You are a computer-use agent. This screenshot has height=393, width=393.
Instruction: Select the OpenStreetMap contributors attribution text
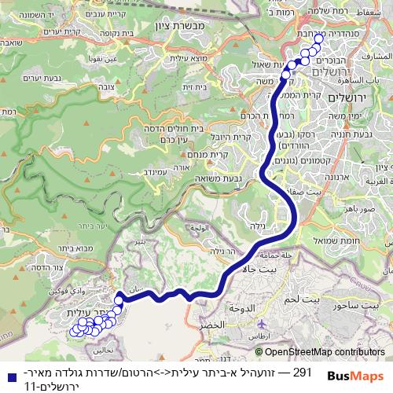coord(324,352)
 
